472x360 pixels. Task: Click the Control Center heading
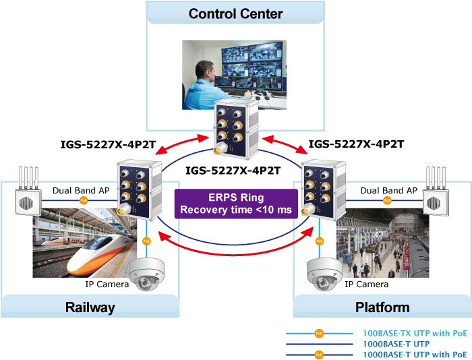(x=235, y=13)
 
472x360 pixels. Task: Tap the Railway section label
(x=90, y=307)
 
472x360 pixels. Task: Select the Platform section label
(x=382, y=307)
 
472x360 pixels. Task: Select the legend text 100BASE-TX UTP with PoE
(x=415, y=333)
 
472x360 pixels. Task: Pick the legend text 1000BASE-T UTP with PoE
(x=415, y=354)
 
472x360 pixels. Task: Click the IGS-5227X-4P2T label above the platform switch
(x=356, y=144)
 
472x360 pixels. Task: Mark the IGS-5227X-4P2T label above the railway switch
(x=109, y=144)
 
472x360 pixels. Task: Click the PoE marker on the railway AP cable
(x=84, y=200)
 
